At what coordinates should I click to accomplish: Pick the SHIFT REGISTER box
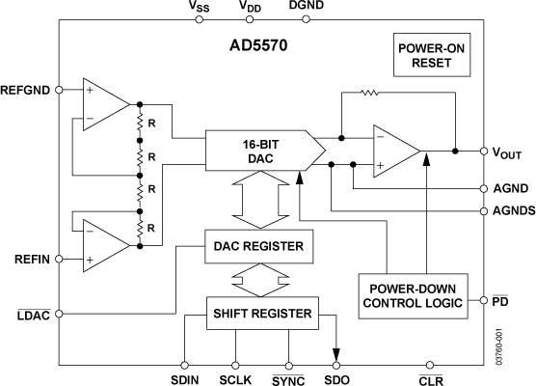[261, 313]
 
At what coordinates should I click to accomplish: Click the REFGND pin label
[28, 90]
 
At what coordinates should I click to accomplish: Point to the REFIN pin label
[33, 259]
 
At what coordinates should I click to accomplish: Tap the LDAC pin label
[33, 314]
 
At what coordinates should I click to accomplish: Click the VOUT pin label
[508, 152]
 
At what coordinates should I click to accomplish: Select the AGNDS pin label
[508, 210]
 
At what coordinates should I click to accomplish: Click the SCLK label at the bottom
[234, 379]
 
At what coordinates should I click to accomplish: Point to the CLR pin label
[430, 379]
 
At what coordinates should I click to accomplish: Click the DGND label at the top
[306, 7]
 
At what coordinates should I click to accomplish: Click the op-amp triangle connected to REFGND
[104, 101]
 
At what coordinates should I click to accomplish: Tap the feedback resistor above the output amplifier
[370, 94]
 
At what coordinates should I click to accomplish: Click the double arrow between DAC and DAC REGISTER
[260, 202]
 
